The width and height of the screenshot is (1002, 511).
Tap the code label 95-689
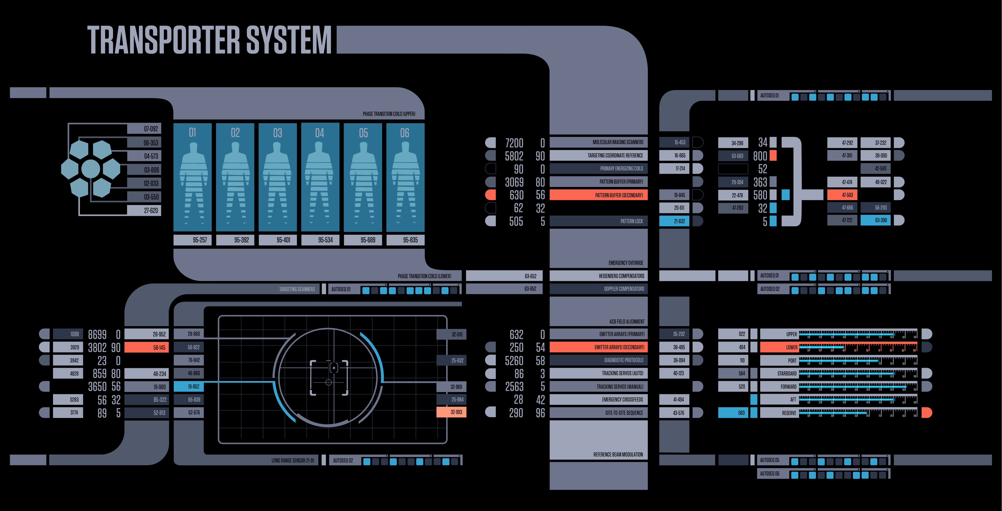pyautogui.click(x=368, y=240)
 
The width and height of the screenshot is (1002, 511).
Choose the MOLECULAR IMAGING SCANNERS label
pyautogui.click(x=618, y=142)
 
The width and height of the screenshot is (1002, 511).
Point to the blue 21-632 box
pyautogui.click(x=674, y=221)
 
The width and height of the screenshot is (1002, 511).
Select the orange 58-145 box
pyautogui.click(x=147, y=347)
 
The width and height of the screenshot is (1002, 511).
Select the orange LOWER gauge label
pyautogui.click(x=779, y=347)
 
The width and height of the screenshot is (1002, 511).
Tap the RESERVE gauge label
pyautogui.click(x=779, y=413)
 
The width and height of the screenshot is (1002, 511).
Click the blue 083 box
pyautogui.click(x=733, y=413)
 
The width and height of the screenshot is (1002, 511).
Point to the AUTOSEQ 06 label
pyautogui.click(x=770, y=474)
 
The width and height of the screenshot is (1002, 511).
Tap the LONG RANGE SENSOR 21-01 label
pyautogui.click(x=293, y=460)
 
